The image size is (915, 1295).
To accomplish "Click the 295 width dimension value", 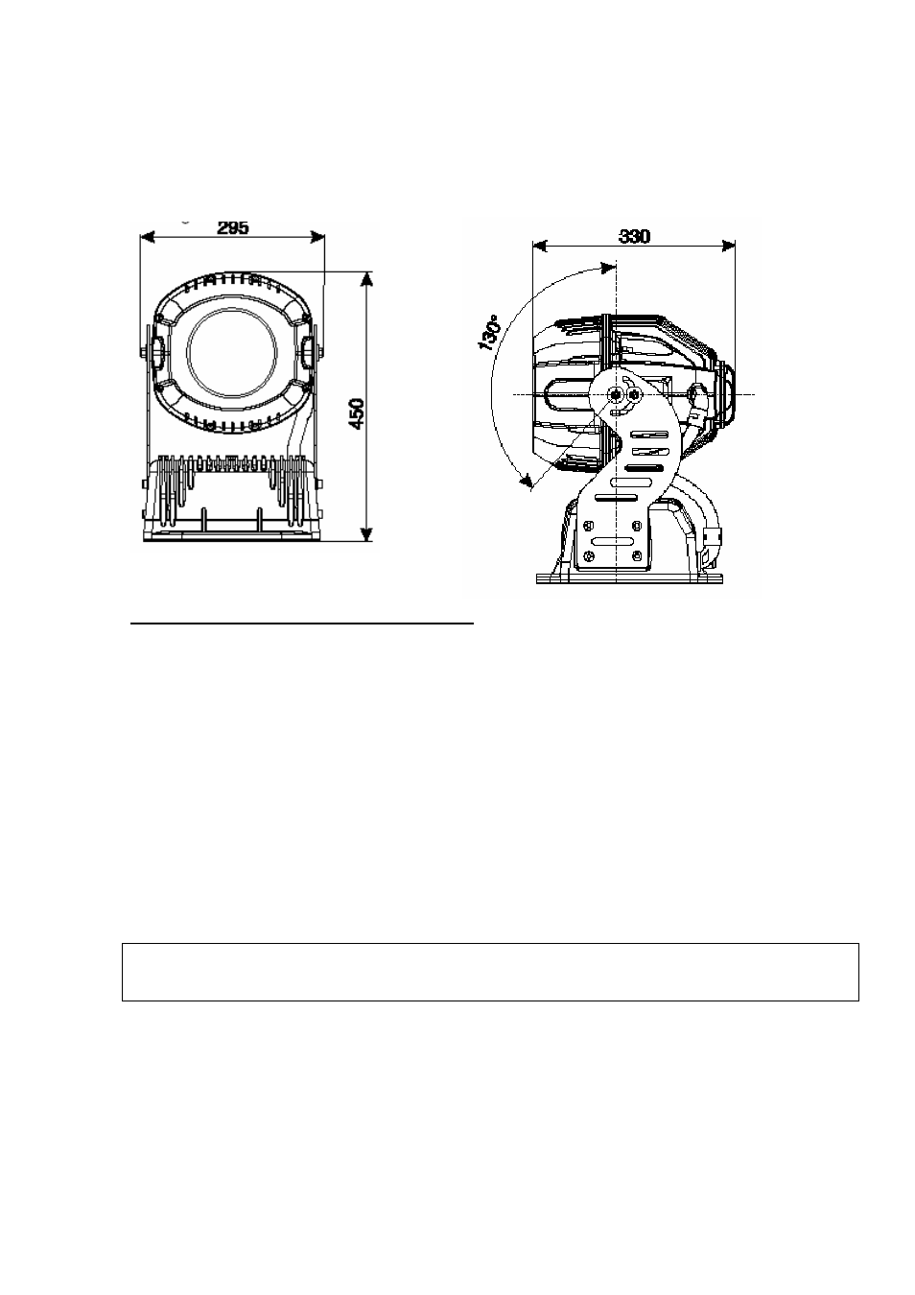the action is pyautogui.click(x=233, y=227).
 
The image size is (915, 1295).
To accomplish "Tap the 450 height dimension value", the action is pyautogui.click(x=357, y=413).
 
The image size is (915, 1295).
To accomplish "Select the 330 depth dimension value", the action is pyautogui.click(x=634, y=236).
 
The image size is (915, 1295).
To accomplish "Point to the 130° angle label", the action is pyautogui.click(x=488, y=336).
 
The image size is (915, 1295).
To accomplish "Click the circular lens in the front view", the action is pyautogui.click(x=232, y=352).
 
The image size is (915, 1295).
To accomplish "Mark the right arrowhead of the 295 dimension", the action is pyautogui.click(x=317, y=236).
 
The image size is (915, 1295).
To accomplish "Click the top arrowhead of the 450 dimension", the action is pyautogui.click(x=366, y=278).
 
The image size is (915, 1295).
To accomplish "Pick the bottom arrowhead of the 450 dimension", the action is pyautogui.click(x=366, y=534).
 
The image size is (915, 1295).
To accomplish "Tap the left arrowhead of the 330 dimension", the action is pyautogui.click(x=540, y=247).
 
